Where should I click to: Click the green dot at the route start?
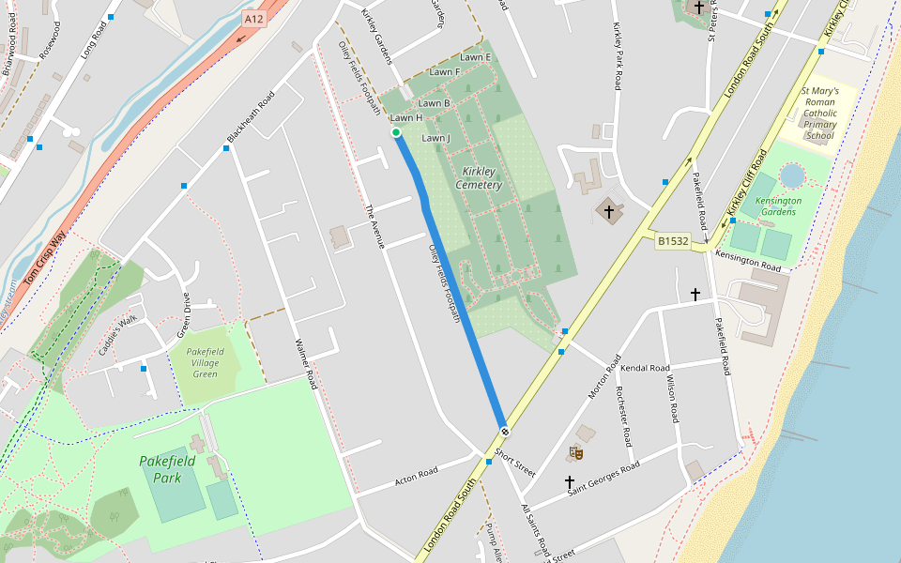(x=396, y=133)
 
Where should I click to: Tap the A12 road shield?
(x=252, y=18)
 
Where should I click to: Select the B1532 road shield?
(x=672, y=241)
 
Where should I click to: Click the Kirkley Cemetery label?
(x=479, y=178)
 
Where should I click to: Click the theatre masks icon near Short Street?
(x=576, y=454)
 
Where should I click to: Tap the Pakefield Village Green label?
(x=205, y=362)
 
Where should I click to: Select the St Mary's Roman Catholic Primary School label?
(x=819, y=114)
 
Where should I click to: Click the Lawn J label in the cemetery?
(x=435, y=138)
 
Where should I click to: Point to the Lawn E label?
(x=475, y=57)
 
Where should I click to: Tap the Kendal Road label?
(x=645, y=368)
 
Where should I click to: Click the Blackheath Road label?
(x=250, y=118)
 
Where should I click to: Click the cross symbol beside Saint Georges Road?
(x=569, y=482)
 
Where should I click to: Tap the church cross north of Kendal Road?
(x=695, y=295)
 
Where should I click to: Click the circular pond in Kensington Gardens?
(x=792, y=175)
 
